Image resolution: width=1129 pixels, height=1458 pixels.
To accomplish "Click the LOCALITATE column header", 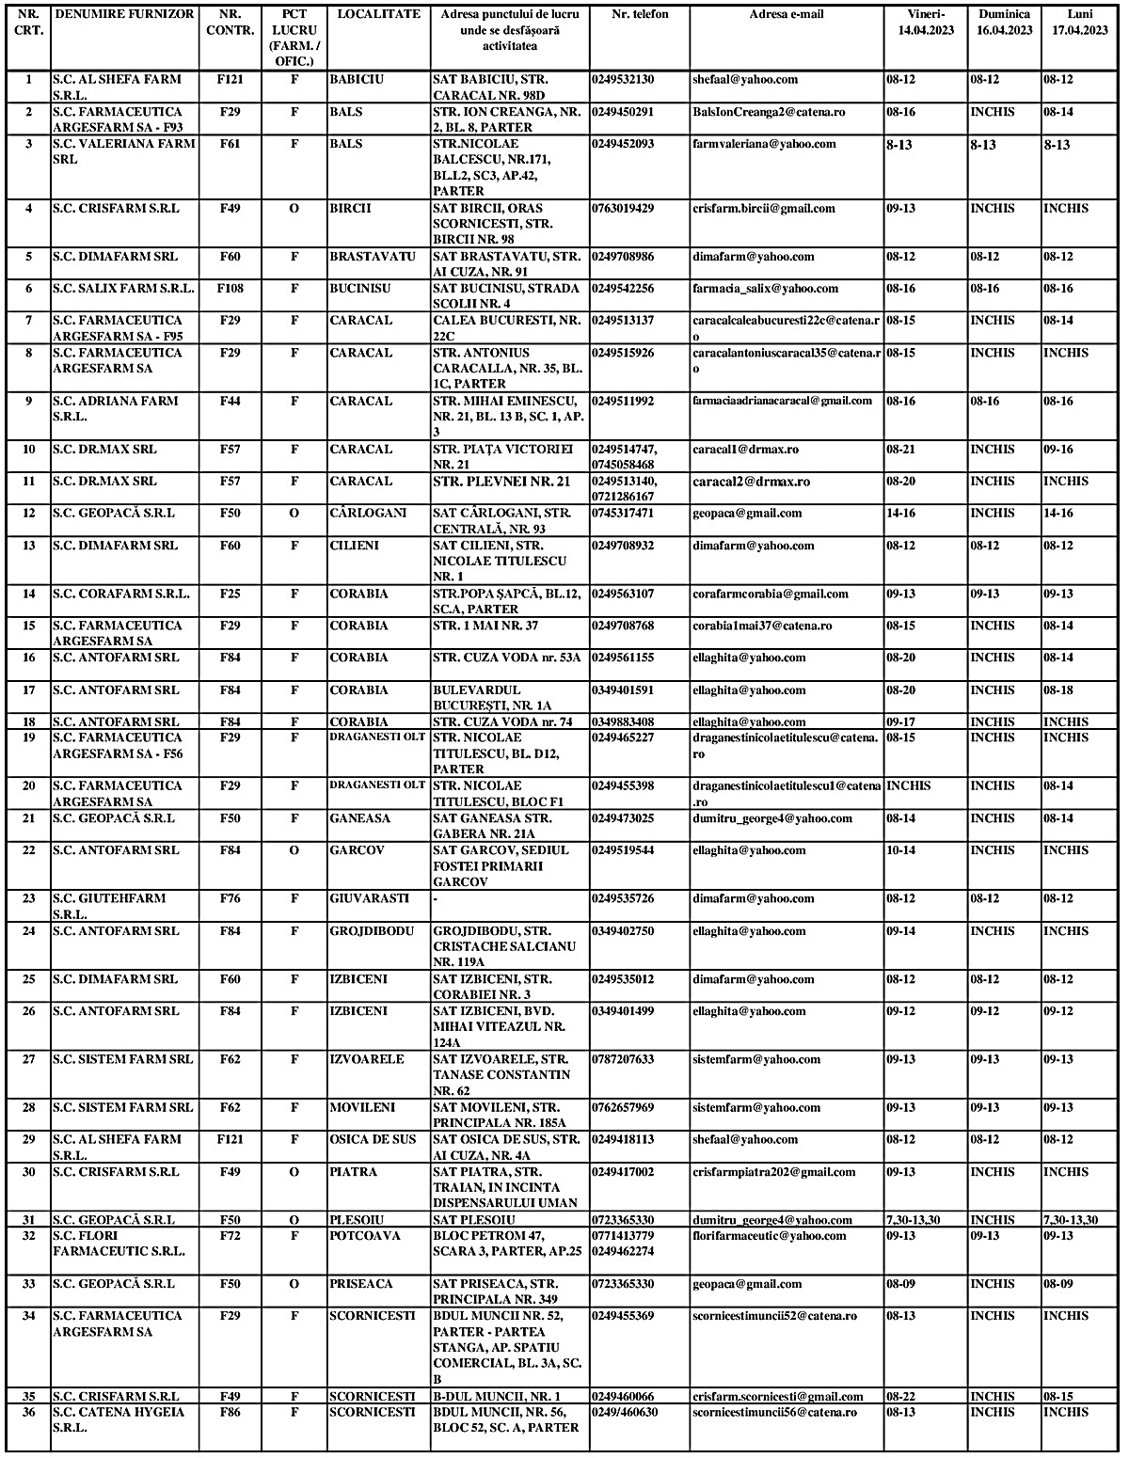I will pos(378,15).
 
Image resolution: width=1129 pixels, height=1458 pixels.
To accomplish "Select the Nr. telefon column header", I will pos(639,15).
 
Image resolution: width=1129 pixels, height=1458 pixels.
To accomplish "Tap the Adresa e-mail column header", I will pos(786,15).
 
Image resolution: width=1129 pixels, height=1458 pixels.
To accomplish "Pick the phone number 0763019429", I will pos(623,209).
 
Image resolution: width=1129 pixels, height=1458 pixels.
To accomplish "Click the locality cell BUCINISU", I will pos(359,289).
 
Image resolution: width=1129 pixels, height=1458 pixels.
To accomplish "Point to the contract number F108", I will pos(230,289).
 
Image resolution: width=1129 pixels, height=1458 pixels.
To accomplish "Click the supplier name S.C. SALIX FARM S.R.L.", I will pos(123,289).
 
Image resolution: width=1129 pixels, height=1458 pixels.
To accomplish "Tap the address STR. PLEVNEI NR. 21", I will pos(501,482).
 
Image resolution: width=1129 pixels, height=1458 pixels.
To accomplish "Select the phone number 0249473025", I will pos(623,819).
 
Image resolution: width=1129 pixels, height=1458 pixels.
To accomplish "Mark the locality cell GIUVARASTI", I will pos(369,898).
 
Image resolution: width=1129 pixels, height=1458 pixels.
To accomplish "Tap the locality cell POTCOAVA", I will pos(364,1236).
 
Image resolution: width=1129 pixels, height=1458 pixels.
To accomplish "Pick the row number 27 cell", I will pos(28,1060).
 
